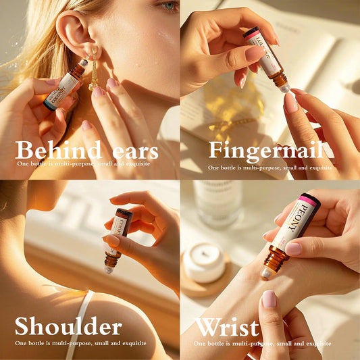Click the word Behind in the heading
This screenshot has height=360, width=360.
(57, 149)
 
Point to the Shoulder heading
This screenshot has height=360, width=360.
(68, 328)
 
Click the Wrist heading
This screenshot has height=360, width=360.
(227, 328)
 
